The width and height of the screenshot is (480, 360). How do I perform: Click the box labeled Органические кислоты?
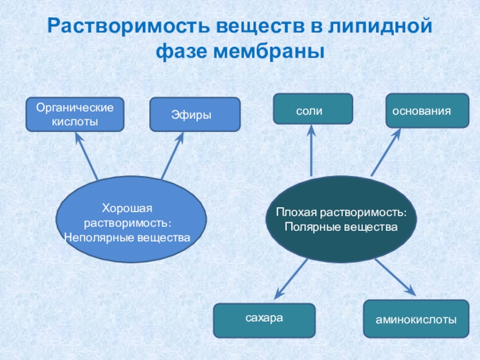[x=75, y=115]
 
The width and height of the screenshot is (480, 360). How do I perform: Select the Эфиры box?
[x=194, y=114]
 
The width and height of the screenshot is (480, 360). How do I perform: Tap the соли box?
[x=313, y=109]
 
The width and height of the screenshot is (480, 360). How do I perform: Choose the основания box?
[x=427, y=110]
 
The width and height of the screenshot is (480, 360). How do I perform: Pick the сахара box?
[x=264, y=320]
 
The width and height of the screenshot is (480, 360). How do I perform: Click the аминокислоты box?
[x=416, y=320]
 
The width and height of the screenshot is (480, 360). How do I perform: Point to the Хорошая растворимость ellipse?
[x=131, y=223]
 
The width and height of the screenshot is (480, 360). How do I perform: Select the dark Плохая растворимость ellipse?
[x=341, y=220]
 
